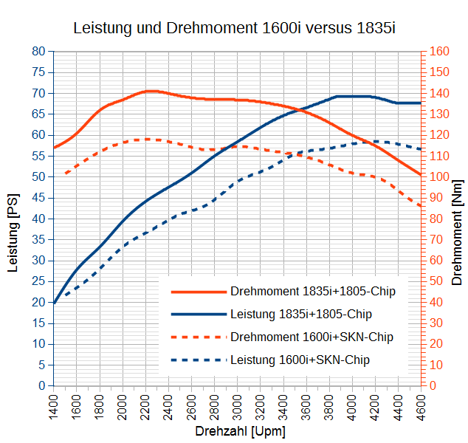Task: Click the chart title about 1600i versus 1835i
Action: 235,29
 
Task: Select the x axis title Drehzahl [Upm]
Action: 240,431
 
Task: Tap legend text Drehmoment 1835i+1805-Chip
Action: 313,292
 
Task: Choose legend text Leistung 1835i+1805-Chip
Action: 301,315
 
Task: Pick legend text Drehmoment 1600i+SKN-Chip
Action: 312,337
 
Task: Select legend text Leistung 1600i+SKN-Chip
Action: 300,360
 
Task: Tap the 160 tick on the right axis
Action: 439,52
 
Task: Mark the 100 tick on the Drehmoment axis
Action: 439,177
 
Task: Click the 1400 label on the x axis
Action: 53,407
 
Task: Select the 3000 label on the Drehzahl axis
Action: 238,407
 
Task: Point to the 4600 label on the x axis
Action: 421,407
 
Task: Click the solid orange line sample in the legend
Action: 198,292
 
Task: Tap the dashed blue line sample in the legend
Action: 198,360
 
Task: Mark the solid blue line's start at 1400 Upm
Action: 54,303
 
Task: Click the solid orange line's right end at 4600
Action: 421,175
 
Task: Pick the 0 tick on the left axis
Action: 42,385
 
